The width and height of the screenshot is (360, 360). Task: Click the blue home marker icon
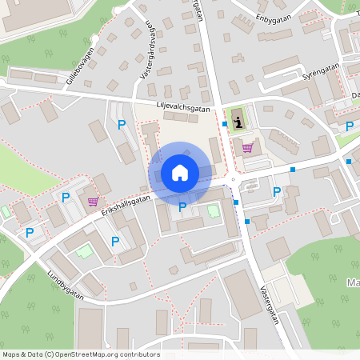pyautogui.click(x=179, y=173)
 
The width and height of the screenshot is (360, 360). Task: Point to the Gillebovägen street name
pyautogui.click(x=81, y=66)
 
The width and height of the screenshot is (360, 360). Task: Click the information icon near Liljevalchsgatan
pyautogui.click(x=238, y=122)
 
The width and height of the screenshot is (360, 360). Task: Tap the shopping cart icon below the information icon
pyautogui.click(x=248, y=147)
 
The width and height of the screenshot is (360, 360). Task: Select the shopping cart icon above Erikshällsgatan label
pyautogui.click(x=93, y=202)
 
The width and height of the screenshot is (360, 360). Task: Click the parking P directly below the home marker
pyautogui.click(x=182, y=207)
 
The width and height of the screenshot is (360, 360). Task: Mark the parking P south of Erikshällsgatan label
pyautogui.click(x=115, y=241)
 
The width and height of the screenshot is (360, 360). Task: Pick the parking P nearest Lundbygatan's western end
pyautogui.click(x=30, y=233)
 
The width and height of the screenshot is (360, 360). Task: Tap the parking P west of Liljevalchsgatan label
pyautogui.click(x=122, y=124)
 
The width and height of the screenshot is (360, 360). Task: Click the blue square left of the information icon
pyautogui.click(x=225, y=124)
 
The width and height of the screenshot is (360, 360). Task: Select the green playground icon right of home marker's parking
pyautogui.click(x=213, y=211)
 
